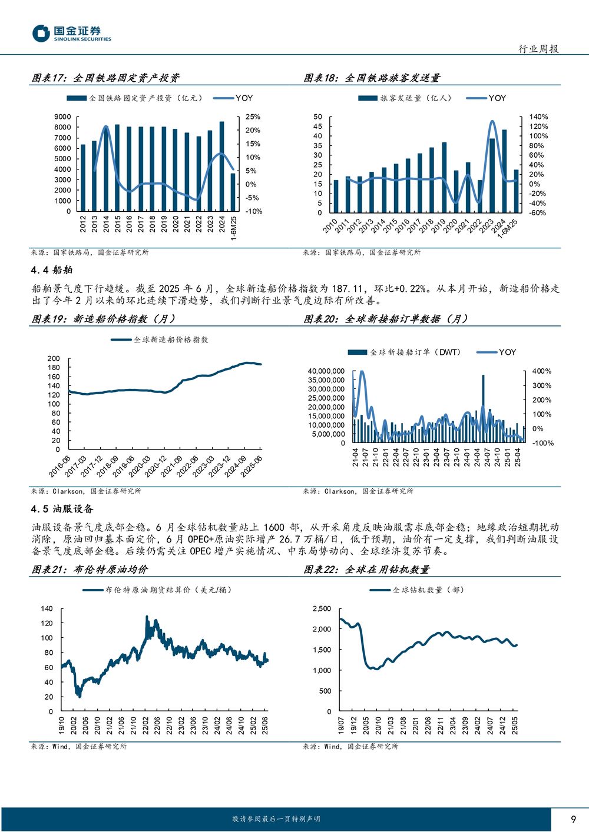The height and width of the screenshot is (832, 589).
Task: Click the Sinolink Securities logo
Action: point(71,34)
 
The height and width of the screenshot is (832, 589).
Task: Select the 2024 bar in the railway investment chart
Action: point(222,167)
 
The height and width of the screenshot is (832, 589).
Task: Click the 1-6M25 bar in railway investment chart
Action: point(233,192)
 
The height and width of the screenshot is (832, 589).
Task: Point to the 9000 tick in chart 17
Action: point(62,117)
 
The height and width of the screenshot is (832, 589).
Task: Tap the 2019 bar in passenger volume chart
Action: point(444,178)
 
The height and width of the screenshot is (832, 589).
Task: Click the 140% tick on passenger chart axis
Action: point(538,117)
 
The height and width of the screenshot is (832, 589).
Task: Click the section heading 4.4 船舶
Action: point(52,270)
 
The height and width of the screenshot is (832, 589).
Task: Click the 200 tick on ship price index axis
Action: point(54,358)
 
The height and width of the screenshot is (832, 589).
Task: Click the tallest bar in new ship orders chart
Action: point(483,408)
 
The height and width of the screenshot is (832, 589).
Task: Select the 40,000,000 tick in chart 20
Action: point(326,371)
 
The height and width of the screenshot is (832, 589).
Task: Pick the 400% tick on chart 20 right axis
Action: point(541,371)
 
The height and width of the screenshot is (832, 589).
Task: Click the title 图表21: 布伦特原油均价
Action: point(90,570)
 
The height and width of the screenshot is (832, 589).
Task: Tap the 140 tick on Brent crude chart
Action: point(47,609)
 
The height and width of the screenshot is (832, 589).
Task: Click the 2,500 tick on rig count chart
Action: point(322,609)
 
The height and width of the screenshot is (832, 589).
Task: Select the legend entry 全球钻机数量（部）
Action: point(416,590)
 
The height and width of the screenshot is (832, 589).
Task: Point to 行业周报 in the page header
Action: point(538,49)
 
